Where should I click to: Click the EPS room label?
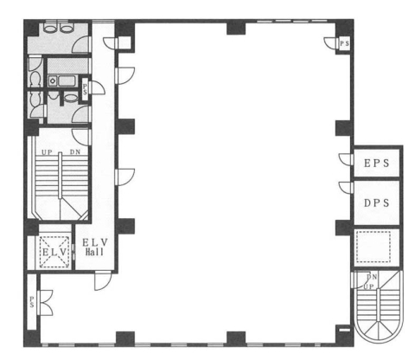coord(376,164)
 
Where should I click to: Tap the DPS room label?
coord(376,203)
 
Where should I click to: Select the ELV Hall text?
coord(95,247)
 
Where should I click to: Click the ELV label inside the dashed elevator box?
coord(54,253)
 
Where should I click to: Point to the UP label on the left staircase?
coord(47,152)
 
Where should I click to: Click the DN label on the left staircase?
coord(75,152)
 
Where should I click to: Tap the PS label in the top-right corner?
coord(344,43)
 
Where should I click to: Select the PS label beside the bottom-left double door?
coord(32,302)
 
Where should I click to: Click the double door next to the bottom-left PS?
coord(46,303)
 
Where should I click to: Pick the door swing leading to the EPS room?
coord(346,159)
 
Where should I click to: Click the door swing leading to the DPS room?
coord(346,188)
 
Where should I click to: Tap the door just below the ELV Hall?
coord(103,280)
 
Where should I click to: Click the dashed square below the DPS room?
coord(373,246)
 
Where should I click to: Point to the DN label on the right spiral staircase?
coord(372,277)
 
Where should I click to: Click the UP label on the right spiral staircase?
coord(368,286)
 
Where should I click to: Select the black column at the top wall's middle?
coord(236,29)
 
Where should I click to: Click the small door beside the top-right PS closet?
coord(331,43)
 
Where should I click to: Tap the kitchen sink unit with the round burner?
coord(62,80)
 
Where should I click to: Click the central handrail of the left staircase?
coord(61,176)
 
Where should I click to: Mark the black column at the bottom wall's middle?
coord(236,338)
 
